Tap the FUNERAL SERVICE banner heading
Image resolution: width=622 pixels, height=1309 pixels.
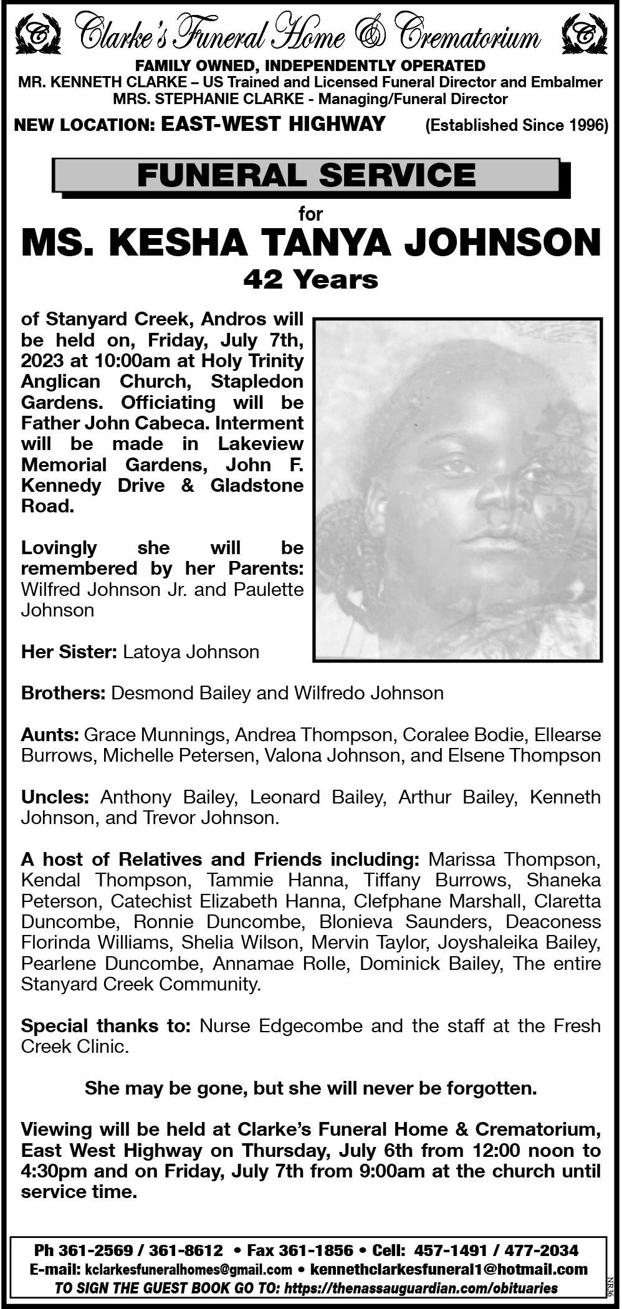pos(306,175)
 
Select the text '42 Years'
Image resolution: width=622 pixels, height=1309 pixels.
pos(310,279)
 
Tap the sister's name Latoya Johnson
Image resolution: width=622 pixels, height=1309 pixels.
pos(191,652)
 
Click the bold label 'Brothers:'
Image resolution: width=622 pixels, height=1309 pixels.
pos(63,693)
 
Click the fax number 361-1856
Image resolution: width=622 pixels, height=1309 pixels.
pos(317,1250)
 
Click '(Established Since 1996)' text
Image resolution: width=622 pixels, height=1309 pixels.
pos(516,125)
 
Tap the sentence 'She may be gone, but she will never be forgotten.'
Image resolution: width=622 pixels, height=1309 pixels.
pos(310,1088)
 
